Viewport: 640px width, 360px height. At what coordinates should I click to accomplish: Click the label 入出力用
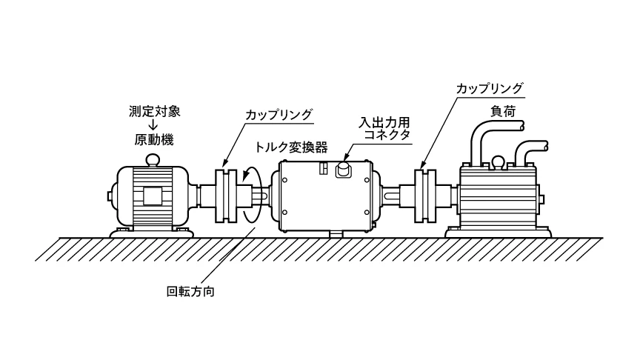(x=384, y=121)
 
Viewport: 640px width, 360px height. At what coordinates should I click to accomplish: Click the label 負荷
(x=501, y=110)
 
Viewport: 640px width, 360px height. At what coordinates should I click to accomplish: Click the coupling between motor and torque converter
(x=227, y=197)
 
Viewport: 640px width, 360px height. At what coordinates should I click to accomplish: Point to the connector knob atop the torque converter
(x=344, y=170)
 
